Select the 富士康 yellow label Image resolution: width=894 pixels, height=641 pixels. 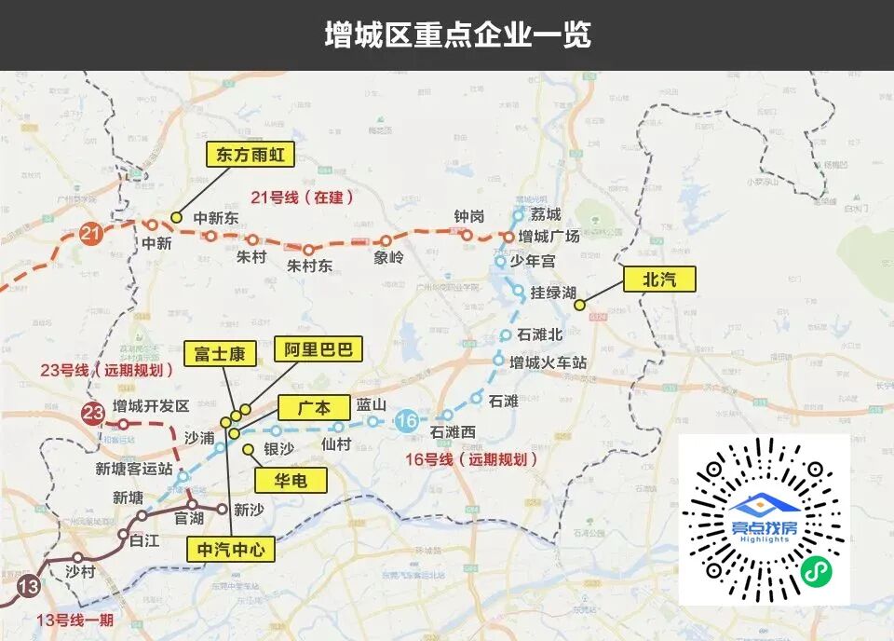(219, 354)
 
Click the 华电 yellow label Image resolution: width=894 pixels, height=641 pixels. (292, 480)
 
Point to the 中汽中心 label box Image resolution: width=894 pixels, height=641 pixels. (232, 550)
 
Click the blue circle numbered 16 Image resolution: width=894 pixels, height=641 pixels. (406, 421)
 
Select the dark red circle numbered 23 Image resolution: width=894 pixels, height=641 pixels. (93, 414)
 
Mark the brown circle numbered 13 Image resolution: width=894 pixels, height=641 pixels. (29, 587)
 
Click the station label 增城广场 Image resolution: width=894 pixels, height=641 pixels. (549, 237)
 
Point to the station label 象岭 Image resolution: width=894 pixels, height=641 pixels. (388, 258)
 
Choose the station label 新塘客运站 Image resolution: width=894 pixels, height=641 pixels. (134, 469)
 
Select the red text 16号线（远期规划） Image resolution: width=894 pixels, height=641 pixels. (472, 459)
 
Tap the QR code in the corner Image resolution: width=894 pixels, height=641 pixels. (764, 519)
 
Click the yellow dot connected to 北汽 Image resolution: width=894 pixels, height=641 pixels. (579, 304)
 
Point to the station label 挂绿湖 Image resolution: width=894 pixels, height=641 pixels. (553, 293)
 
